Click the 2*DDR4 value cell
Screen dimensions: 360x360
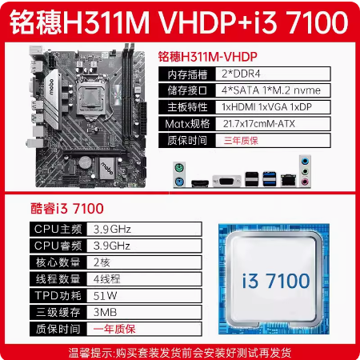(273, 74)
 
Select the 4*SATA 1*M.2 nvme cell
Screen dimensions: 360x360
(273, 90)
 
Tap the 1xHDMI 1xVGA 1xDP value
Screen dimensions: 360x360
(273, 107)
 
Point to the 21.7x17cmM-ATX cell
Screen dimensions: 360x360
(273, 123)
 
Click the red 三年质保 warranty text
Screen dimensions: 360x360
(241, 141)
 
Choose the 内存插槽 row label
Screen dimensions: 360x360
(187, 74)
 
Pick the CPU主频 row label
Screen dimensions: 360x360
(58, 229)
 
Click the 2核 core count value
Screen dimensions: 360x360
(102, 262)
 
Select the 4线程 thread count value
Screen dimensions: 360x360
(106, 279)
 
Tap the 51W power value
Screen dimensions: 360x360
(105, 296)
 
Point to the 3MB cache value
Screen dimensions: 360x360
(105, 312)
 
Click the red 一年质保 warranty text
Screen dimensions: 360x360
(114, 329)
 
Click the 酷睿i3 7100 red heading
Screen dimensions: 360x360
(67, 208)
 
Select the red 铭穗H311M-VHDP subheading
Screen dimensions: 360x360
(208, 57)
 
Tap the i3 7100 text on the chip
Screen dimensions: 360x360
(276, 281)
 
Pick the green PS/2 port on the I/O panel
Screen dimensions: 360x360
(179, 168)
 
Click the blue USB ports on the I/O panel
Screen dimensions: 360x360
(270, 178)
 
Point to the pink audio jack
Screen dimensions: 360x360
(305, 182)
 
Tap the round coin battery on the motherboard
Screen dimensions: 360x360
(85, 162)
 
